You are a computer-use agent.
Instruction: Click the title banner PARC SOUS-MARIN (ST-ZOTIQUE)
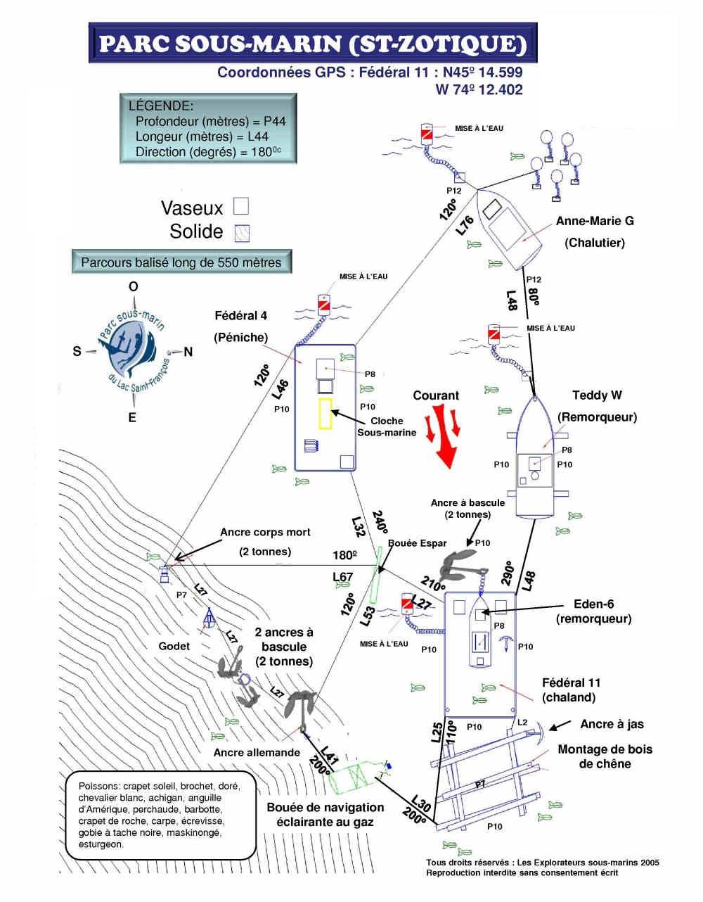[x=313, y=44]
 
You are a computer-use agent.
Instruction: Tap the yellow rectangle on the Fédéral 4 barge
[x=325, y=413]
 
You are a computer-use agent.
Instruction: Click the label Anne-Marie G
[x=595, y=221]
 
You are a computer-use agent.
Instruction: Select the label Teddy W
[x=597, y=395]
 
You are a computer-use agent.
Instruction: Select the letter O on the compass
[x=133, y=286]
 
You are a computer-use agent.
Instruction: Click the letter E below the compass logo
[x=132, y=418]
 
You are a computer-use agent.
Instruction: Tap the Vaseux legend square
[x=241, y=206]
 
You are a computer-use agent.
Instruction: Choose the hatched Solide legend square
[x=243, y=232]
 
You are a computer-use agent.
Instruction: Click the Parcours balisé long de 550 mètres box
[x=181, y=262]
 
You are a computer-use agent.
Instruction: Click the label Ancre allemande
[x=257, y=752]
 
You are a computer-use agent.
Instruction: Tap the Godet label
[x=174, y=646]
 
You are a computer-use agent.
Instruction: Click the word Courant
[x=436, y=395]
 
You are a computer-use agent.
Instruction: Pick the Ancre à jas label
[x=612, y=724]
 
